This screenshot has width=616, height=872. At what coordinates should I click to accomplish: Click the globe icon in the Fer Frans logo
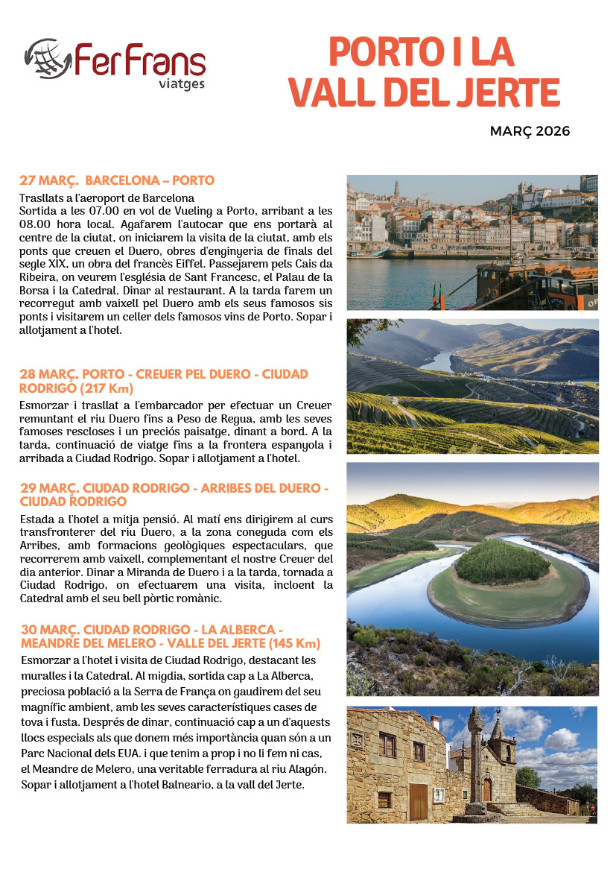[x=48, y=58]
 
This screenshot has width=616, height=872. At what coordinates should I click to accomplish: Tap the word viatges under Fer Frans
[x=182, y=83]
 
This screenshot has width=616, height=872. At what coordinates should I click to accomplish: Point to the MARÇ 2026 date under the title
[x=530, y=131]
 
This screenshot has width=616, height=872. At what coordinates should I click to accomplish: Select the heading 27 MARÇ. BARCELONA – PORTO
[x=117, y=180]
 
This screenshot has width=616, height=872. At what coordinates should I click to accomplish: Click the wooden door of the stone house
[x=419, y=802]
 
